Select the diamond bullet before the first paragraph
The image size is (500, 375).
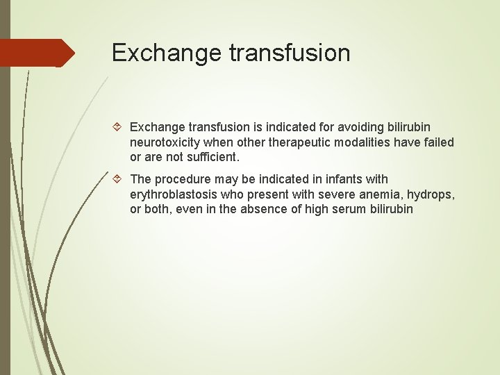point(117,127)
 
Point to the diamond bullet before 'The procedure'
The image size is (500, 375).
point(117,180)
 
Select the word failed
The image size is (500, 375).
point(437,142)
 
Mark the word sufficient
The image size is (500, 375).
point(208,156)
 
